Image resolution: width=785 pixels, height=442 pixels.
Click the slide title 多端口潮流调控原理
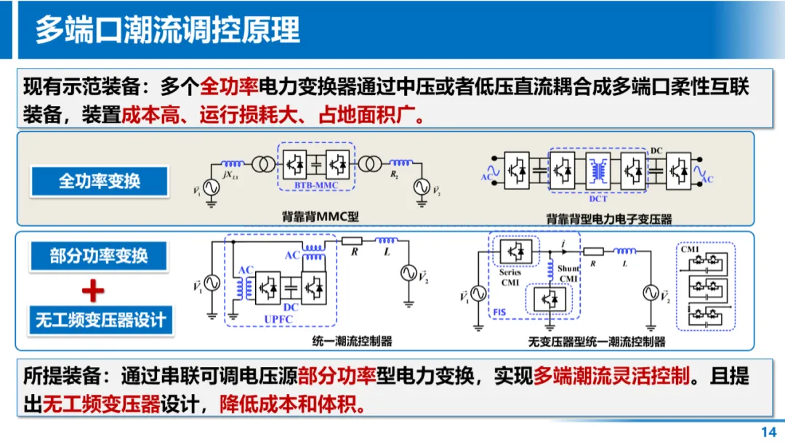point(167,30)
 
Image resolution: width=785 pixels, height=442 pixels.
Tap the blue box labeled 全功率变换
point(100,181)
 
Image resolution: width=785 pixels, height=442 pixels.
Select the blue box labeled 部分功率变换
point(99,256)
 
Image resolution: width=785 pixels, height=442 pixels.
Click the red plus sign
point(92,291)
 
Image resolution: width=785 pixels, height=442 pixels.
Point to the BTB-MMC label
point(315,186)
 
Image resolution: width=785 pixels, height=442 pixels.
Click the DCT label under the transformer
point(598,197)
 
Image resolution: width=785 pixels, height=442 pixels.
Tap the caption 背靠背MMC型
point(321,217)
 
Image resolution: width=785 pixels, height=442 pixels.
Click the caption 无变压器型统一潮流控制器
point(597,342)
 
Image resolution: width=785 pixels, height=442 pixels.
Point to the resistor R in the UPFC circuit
point(352,241)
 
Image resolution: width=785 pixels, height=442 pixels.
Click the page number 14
point(768,432)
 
